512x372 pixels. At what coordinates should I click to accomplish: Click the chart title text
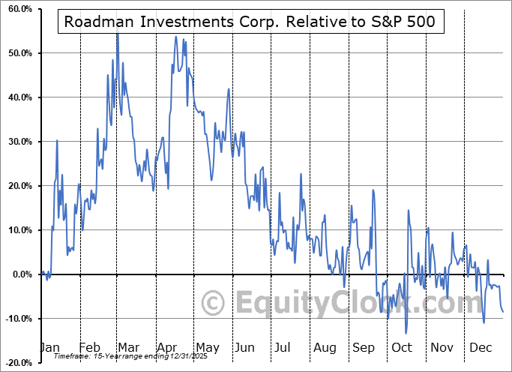[x=250, y=22]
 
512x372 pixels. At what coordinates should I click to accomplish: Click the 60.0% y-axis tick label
[x=19, y=9]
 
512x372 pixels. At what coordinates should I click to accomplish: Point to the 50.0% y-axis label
[x=19, y=53]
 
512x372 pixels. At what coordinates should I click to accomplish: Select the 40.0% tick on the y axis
[x=19, y=97]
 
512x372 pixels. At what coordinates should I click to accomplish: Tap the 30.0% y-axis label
[x=19, y=142]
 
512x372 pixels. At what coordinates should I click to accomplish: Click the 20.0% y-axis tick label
[x=19, y=186]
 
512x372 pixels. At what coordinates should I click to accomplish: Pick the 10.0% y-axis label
[x=19, y=230]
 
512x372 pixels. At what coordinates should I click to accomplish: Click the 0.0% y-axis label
[x=21, y=274]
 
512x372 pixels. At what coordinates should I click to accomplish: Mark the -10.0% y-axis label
[x=17, y=319]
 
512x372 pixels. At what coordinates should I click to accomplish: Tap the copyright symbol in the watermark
[x=214, y=304]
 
